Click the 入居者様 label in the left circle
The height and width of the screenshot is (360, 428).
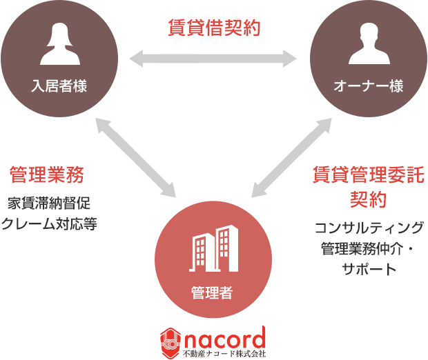point(59,86)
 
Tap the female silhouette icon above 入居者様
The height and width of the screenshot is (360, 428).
point(59,45)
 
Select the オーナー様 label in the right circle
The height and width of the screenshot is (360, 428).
point(369,86)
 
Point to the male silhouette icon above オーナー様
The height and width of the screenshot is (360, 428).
point(369,45)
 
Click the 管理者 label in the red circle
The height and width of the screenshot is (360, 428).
point(212,292)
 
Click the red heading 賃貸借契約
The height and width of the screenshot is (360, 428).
point(214,28)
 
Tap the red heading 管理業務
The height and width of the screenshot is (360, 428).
point(46,175)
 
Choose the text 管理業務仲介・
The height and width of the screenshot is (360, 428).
point(371,248)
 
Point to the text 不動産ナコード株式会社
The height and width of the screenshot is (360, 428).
point(224,354)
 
